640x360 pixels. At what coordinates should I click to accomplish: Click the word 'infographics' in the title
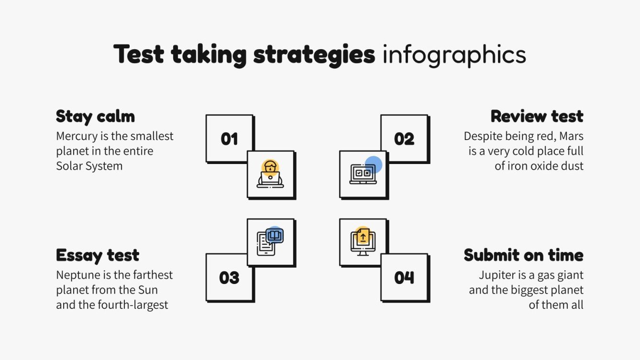(454, 55)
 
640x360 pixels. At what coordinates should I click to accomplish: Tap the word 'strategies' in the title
(314, 55)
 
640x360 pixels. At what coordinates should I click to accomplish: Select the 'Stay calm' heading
(95, 116)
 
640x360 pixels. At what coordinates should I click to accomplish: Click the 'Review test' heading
(537, 116)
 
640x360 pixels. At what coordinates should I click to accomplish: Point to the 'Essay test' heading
(98, 255)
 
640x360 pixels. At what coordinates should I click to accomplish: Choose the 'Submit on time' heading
(523, 255)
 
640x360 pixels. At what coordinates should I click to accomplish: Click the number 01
(229, 139)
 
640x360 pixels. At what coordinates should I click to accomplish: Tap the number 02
(404, 139)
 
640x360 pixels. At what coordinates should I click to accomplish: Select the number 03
(229, 278)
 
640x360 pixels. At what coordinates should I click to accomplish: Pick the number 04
(404, 278)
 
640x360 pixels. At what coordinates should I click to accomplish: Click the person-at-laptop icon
(271, 174)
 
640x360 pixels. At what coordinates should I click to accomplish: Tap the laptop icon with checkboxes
(364, 173)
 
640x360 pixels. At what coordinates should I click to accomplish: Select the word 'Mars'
(572, 136)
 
